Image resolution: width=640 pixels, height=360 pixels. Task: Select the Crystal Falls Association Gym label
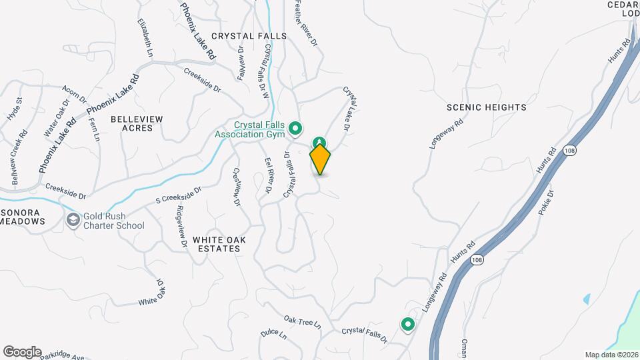(251, 129)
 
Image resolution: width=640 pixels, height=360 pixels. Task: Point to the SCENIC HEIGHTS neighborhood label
(487, 107)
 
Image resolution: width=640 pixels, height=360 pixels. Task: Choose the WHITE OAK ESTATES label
(216, 243)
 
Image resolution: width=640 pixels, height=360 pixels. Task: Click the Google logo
(22, 351)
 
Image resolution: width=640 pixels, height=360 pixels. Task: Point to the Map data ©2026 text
(611, 355)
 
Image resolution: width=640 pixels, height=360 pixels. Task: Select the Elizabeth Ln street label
(145, 37)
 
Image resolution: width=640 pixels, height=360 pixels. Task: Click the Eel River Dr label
(267, 175)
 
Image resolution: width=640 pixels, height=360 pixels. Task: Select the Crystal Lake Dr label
(350, 107)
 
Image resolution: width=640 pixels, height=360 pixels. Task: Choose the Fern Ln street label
(93, 129)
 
